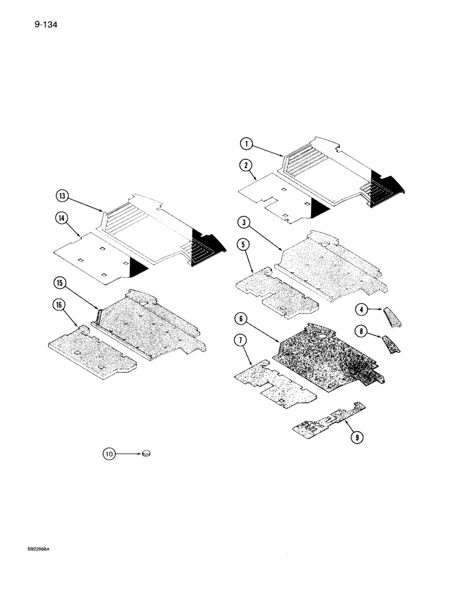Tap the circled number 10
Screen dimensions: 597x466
[109, 455]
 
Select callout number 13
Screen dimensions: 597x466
[63, 196]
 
